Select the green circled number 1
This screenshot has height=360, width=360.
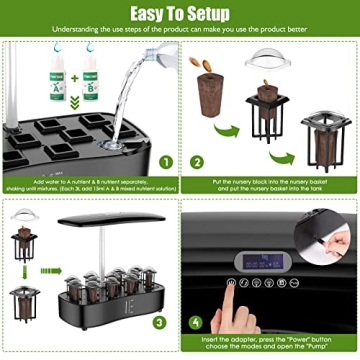166,161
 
